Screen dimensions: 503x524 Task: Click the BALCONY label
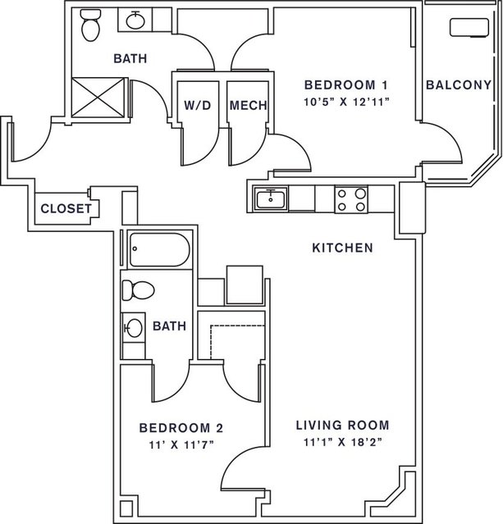459,85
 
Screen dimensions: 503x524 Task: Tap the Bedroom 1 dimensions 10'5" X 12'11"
347,102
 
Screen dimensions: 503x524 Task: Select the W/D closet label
198,105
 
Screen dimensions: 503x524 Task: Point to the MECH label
248,105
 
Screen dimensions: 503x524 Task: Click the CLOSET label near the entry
66,208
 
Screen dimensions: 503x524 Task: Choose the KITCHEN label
342,248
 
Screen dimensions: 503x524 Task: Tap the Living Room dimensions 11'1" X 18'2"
343,442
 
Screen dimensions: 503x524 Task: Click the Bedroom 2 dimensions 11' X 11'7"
181,444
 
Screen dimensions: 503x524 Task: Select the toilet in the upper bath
90,25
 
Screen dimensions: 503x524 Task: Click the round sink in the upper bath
135,20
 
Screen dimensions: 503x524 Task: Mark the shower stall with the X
98,98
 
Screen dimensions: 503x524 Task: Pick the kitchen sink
271,198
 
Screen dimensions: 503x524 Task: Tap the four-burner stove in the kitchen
351,199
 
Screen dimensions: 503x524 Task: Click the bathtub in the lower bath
159,249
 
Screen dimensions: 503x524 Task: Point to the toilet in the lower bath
138,290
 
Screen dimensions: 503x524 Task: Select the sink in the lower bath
133,328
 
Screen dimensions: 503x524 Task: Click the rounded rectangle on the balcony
469,27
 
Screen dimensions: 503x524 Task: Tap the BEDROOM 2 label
181,428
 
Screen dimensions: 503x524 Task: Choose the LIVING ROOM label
343,425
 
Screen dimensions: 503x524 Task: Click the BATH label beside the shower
130,58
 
